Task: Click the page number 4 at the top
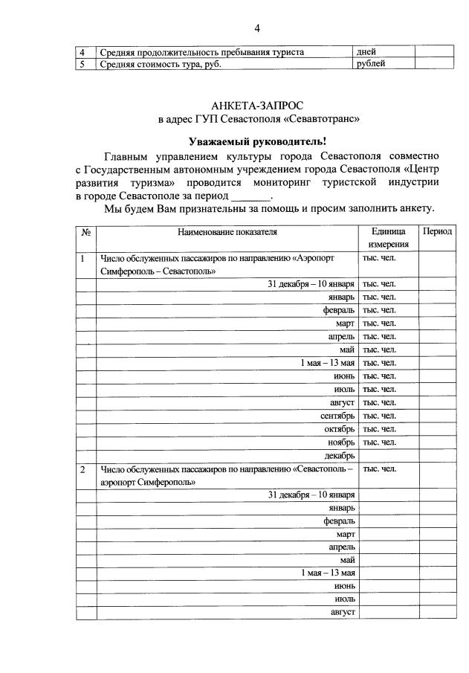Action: (257, 28)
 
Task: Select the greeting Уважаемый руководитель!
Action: (257, 141)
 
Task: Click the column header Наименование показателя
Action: (227, 231)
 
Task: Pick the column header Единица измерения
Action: (387, 238)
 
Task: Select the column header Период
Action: (437, 231)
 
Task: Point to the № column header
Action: (85, 232)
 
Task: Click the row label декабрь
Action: (339, 455)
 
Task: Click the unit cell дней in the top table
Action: (366, 52)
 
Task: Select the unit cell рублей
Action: (371, 63)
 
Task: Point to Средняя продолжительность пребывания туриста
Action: (203, 52)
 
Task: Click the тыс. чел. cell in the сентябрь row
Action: (379, 416)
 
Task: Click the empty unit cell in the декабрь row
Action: (388, 455)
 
